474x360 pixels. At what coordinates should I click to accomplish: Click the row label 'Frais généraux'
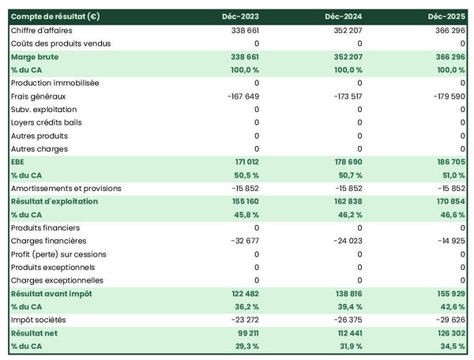(x=38, y=96)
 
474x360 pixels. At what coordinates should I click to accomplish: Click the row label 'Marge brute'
(x=35, y=57)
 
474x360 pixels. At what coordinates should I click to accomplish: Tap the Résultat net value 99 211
(x=245, y=333)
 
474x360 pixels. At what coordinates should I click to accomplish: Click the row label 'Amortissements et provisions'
(x=66, y=188)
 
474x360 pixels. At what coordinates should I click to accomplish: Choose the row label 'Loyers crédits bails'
(x=47, y=122)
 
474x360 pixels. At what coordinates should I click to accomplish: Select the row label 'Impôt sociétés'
(x=39, y=320)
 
